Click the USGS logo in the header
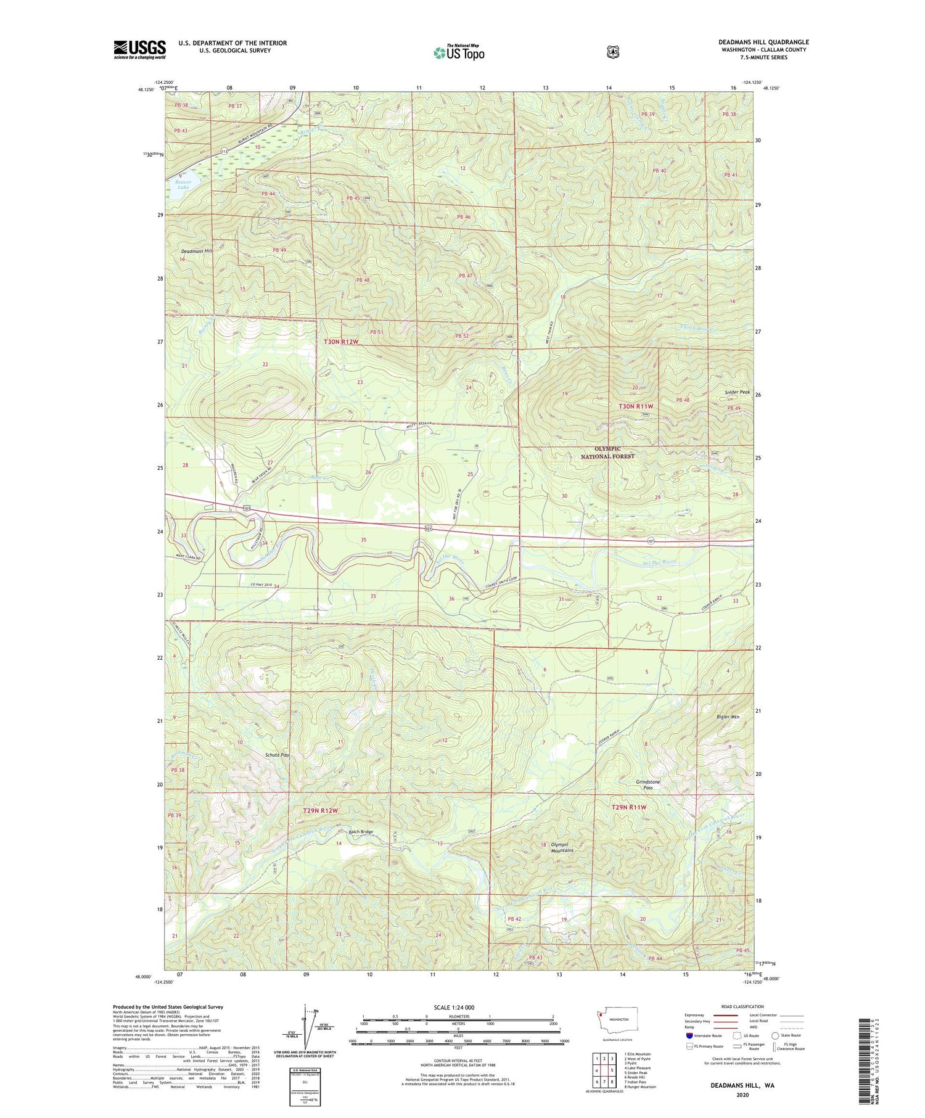click(x=139, y=49)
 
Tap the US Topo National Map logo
click(x=459, y=52)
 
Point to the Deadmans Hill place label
click(x=195, y=252)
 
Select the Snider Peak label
click(x=737, y=392)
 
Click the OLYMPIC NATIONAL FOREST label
click(x=607, y=452)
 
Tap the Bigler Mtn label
click(x=728, y=717)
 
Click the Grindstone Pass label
click(x=648, y=784)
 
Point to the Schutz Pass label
click(x=277, y=755)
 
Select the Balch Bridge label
click(x=361, y=832)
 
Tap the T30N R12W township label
click(x=341, y=341)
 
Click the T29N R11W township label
click(x=629, y=807)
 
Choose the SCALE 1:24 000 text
click(x=454, y=1007)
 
